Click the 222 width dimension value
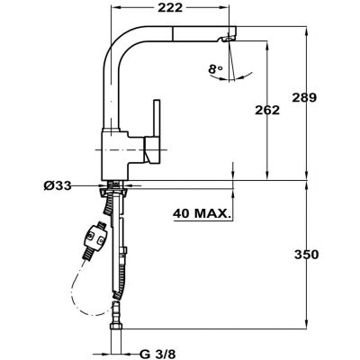(x=170, y=8)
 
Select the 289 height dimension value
(x=304, y=98)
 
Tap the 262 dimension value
(x=267, y=110)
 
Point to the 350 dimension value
(x=306, y=255)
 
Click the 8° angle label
(x=216, y=69)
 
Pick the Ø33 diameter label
(x=58, y=186)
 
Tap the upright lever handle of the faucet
(x=157, y=119)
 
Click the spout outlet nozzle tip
(x=228, y=39)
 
